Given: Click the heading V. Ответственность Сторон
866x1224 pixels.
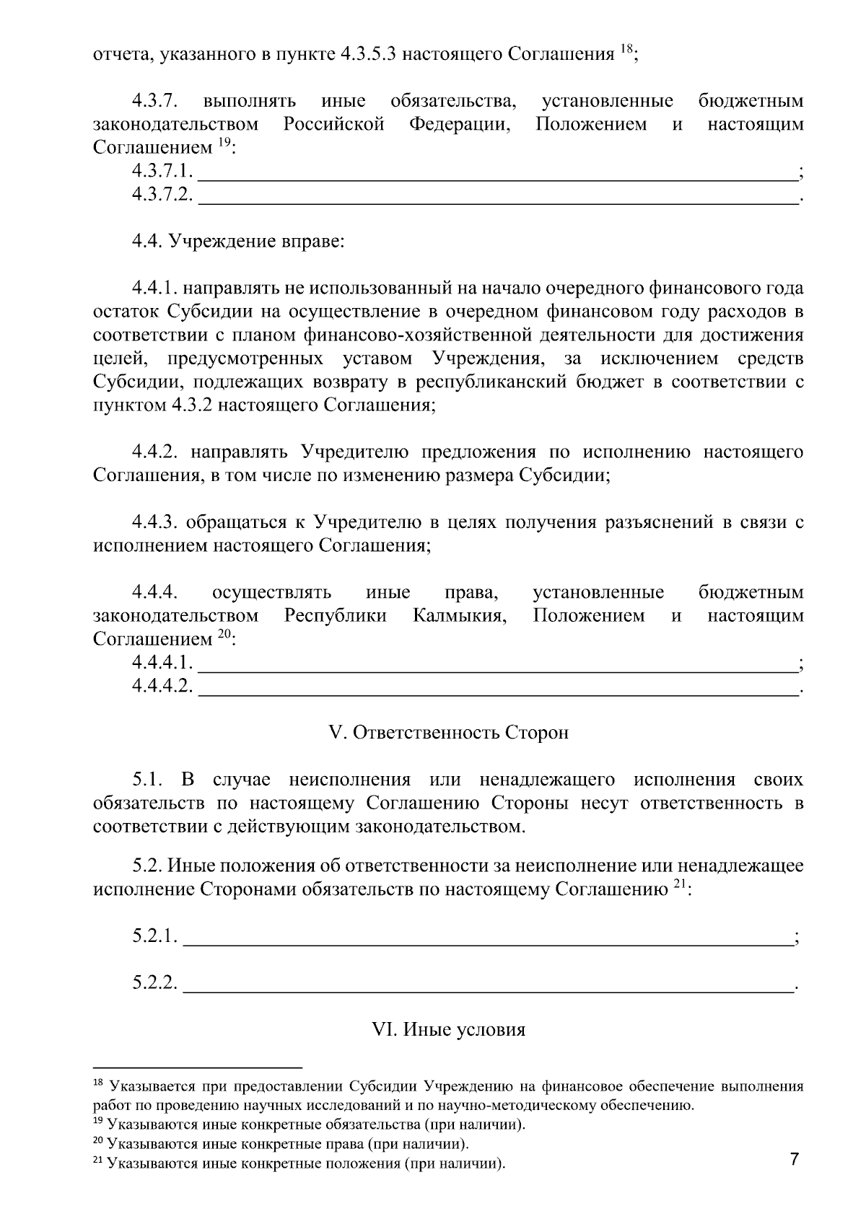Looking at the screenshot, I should pyautogui.click(x=448, y=733).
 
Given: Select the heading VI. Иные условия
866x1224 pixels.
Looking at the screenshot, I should pyautogui.click(x=448, y=1029).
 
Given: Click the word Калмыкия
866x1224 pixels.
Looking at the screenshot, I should pyautogui.click(x=460, y=616).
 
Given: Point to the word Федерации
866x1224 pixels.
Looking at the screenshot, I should pyautogui.click(x=460, y=124).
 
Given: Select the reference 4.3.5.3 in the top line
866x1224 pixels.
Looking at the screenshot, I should pyautogui.click(x=367, y=55).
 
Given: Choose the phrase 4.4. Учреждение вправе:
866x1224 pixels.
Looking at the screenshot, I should pyautogui.click(x=238, y=241).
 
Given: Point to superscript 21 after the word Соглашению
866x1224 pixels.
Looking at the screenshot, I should pyautogui.click(x=678, y=884).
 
